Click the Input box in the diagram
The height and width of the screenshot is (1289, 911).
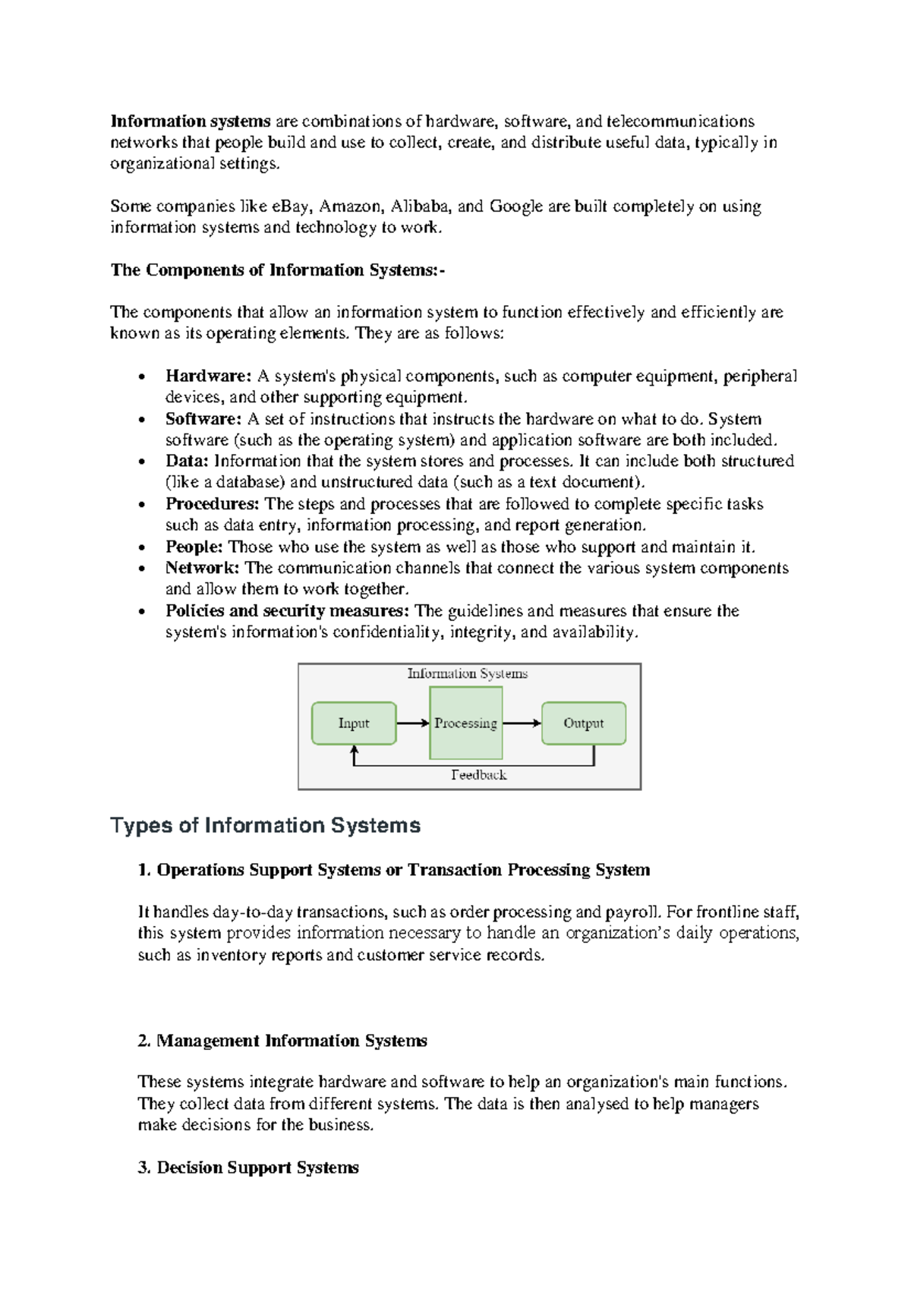click(x=354, y=723)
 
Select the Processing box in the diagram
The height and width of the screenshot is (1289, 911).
click(x=465, y=723)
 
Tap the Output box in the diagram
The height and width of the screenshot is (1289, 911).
click(x=583, y=723)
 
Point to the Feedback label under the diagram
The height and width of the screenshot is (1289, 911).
click(x=478, y=775)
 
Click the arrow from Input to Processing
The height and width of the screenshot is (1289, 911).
click(x=413, y=723)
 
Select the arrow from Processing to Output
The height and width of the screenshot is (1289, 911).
click(x=522, y=723)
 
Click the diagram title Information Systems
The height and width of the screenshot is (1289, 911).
click(x=467, y=673)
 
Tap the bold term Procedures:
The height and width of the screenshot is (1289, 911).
click(x=213, y=504)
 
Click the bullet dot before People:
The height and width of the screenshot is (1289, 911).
click(x=142, y=547)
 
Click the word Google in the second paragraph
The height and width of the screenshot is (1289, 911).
click(x=516, y=206)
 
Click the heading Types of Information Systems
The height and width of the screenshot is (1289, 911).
click(x=265, y=826)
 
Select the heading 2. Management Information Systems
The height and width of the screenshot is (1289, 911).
click(x=282, y=1041)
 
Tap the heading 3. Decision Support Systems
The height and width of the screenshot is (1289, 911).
click(x=248, y=1168)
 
